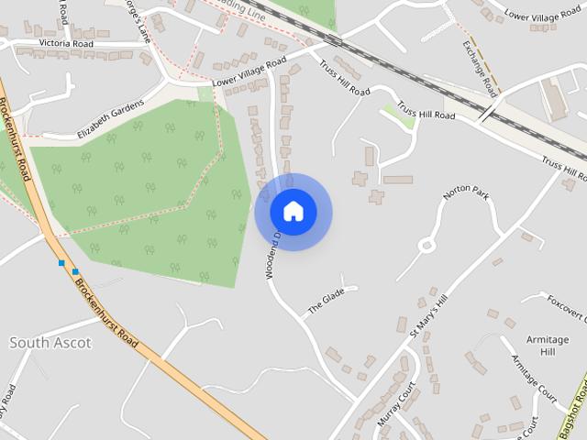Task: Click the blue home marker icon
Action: (293, 212)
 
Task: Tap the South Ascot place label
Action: (50, 343)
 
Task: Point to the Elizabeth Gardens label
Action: (111, 119)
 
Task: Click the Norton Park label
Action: (466, 193)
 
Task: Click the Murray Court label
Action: (396, 404)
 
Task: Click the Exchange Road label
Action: (480, 68)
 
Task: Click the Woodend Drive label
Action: (272, 254)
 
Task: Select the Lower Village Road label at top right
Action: (543, 15)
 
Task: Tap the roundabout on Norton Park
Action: (426, 245)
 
